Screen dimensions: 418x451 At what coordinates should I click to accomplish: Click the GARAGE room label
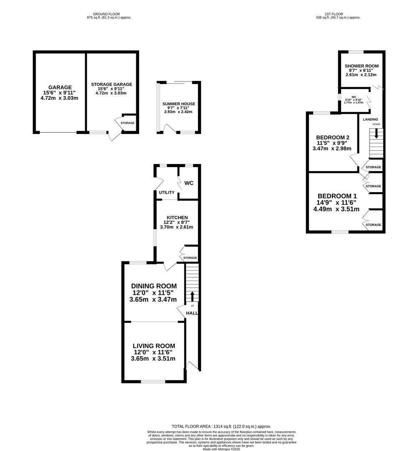point(60,87)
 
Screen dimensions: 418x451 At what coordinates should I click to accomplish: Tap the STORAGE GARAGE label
point(112,84)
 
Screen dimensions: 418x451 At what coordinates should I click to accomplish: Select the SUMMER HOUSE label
point(179,104)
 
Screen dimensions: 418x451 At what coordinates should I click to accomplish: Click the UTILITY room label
point(167,193)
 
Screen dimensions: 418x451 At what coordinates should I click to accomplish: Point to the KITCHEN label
point(177,218)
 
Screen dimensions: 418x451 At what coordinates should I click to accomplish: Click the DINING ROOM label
point(154,286)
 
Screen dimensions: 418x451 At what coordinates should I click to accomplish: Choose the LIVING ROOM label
point(154,346)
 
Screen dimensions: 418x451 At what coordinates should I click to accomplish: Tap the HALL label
point(192,313)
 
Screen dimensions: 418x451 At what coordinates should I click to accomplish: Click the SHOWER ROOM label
point(362,66)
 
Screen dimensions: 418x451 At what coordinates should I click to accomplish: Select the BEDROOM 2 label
point(333,137)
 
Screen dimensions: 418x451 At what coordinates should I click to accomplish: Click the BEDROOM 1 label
point(337,196)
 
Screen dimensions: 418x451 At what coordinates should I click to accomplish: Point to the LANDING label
point(370,119)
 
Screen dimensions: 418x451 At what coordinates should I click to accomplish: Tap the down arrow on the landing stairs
point(376,134)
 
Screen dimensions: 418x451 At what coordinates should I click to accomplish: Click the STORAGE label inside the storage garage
point(127,123)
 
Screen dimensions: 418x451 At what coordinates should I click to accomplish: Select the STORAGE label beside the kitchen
point(190,258)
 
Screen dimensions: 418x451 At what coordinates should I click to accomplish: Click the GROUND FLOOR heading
point(106,14)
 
